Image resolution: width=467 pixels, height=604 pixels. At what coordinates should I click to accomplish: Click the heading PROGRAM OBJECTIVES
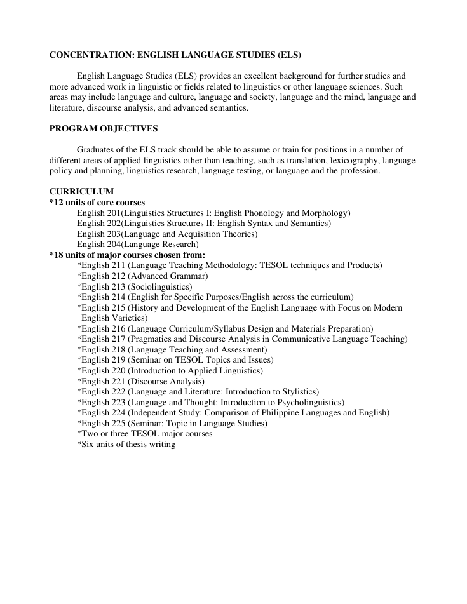tap(103, 129)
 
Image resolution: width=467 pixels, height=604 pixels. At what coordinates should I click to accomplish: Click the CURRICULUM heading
tap(81, 191)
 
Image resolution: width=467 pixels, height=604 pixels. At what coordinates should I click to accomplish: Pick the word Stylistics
tap(297, 391)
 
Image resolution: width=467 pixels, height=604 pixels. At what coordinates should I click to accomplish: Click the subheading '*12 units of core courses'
tap(97, 202)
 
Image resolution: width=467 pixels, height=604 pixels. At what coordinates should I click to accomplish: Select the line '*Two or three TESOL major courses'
tap(144, 433)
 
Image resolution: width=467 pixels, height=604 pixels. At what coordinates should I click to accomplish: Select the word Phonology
tap(262, 213)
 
